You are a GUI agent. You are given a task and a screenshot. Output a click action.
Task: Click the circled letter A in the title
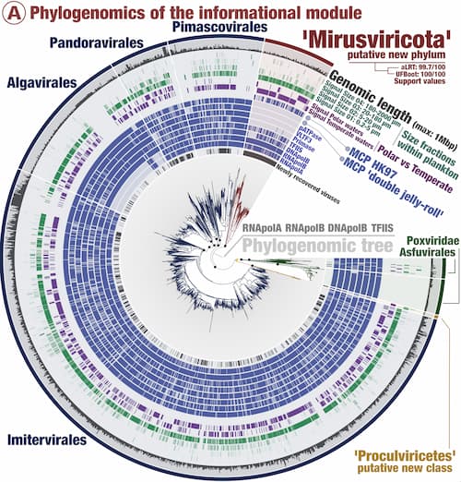13,11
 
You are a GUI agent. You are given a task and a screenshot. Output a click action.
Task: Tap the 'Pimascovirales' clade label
216,30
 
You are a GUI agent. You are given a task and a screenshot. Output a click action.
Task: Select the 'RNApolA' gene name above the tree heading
267,225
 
